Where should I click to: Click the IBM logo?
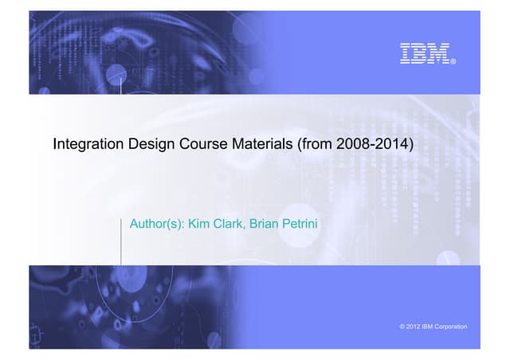[424, 53]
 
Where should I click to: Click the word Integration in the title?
[86, 145]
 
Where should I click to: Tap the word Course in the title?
[199, 145]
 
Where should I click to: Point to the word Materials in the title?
[257, 145]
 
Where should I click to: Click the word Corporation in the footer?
[451, 327]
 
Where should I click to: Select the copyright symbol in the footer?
[400, 327]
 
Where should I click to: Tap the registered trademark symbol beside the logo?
[453, 61]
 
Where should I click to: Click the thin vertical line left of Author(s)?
[121, 239]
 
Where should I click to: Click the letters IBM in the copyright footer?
[429, 327]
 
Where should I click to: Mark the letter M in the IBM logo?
[439, 53]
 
